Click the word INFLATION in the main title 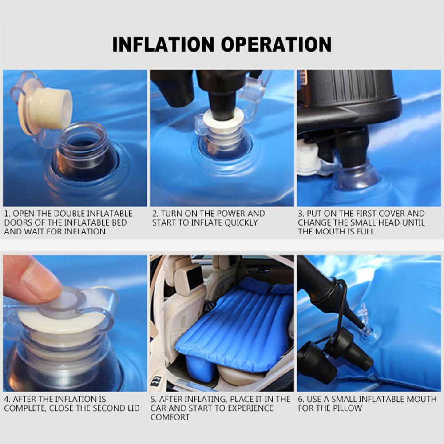coord(163,44)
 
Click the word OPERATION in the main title coord(276,44)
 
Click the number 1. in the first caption coord(8,214)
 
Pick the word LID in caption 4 coord(132,408)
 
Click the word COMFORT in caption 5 coord(170,417)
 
